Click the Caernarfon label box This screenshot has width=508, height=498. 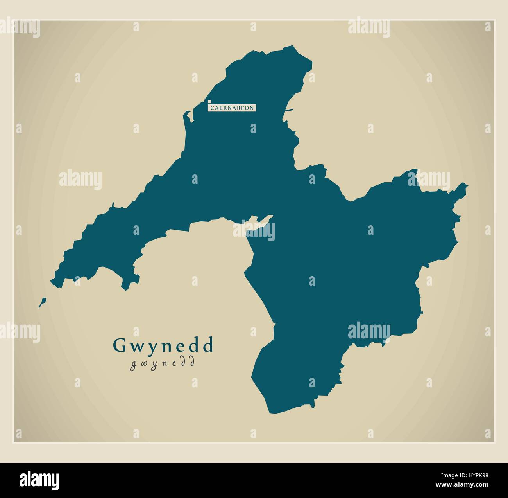232,107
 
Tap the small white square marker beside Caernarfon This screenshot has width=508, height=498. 209,102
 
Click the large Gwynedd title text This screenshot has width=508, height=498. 163,345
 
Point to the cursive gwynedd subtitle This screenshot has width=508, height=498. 162,363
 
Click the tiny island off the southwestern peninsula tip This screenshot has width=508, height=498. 42,302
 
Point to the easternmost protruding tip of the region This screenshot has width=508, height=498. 467,185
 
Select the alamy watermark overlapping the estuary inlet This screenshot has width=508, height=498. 254,231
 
